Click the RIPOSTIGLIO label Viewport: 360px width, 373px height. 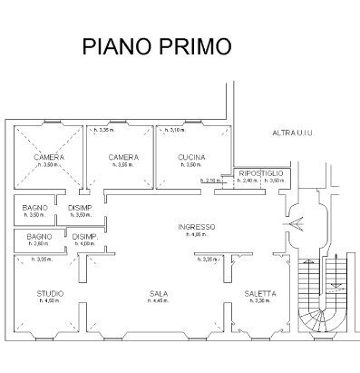(x=261, y=172)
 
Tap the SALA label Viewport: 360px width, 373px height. (x=161, y=294)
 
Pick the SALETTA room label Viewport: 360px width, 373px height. (x=260, y=294)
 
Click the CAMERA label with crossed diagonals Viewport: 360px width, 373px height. (x=49, y=158)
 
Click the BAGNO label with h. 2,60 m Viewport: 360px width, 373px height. (x=36, y=237)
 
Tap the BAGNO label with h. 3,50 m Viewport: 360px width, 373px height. (x=36, y=208)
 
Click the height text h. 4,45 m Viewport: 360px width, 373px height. (x=161, y=301)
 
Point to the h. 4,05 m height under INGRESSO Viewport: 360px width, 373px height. (x=197, y=234)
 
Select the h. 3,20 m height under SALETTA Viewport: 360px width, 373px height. (x=261, y=301)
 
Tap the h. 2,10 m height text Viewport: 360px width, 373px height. (x=214, y=181)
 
